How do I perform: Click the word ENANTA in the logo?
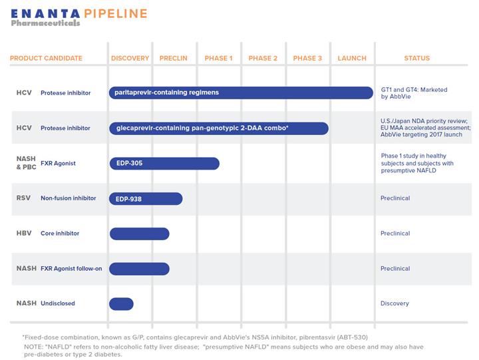pyautogui.click(x=45, y=14)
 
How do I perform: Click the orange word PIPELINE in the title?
pyautogui.click(x=116, y=14)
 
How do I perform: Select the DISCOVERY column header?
pyautogui.click(x=130, y=58)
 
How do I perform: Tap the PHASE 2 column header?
pyautogui.click(x=263, y=58)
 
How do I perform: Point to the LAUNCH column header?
pyautogui.click(x=352, y=58)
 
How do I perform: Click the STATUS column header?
pyautogui.click(x=417, y=58)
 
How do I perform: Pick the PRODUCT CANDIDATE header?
pyautogui.click(x=46, y=58)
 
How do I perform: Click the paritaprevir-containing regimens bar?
pyautogui.click(x=241, y=92)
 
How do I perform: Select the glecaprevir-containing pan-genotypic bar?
pyautogui.click(x=219, y=128)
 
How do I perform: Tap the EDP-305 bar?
pyautogui.click(x=164, y=164)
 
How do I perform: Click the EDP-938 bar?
pyautogui.click(x=146, y=199)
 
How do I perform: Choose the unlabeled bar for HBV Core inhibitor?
pyautogui.click(x=139, y=234)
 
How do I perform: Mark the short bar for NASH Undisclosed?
pyautogui.click(x=121, y=303)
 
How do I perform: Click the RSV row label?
pyautogui.click(x=23, y=198)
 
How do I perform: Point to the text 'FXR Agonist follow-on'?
pyautogui.click(x=71, y=269)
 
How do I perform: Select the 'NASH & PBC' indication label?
pyautogui.click(x=26, y=163)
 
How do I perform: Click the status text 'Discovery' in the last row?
pyautogui.click(x=395, y=303)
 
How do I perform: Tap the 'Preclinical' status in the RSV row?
pyautogui.click(x=395, y=198)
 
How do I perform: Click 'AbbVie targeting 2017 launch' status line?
pyautogui.click(x=422, y=134)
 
